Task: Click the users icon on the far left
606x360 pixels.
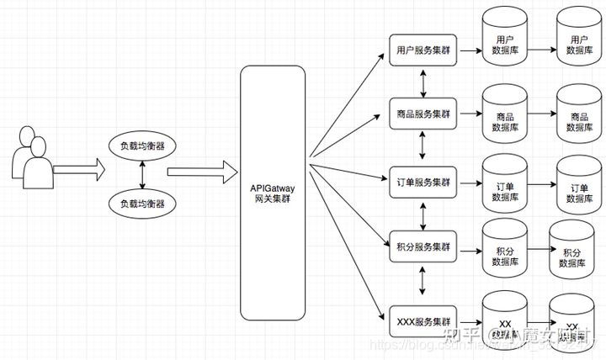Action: point(33,160)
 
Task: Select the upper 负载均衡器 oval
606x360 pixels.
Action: point(141,145)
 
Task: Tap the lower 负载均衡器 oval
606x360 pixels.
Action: point(141,203)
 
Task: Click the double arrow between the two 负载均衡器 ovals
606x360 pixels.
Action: point(141,174)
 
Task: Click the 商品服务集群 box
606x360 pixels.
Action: point(423,114)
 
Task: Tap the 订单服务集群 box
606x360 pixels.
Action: point(423,182)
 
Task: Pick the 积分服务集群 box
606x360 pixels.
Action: point(423,248)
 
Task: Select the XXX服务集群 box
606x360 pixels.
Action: point(423,321)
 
